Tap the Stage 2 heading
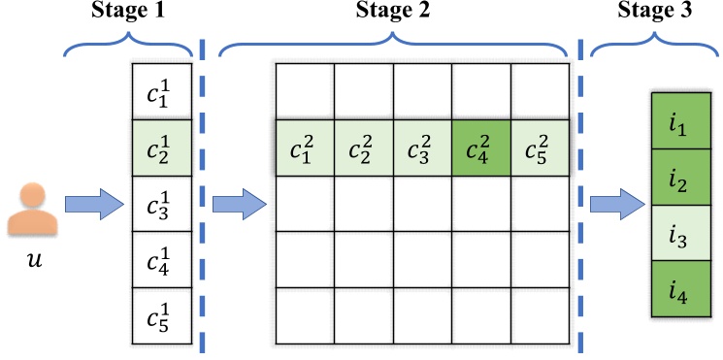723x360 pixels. (394, 13)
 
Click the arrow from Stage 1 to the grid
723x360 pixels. (238, 205)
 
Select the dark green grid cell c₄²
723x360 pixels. (480, 148)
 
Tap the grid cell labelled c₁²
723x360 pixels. (306, 148)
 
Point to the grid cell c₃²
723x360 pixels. (422, 148)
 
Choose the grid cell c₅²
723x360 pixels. (540, 148)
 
